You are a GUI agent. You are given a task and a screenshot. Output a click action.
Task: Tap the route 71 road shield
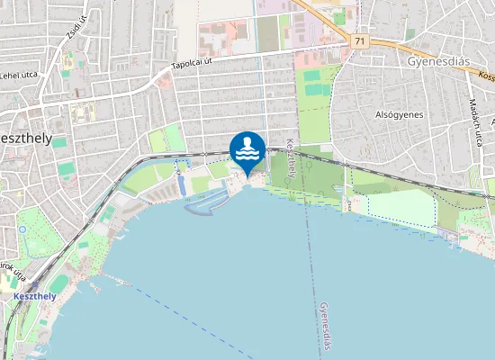pyautogui.click(x=359, y=41)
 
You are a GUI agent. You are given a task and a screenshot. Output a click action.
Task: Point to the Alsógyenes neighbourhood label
pyautogui.click(x=399, y=115)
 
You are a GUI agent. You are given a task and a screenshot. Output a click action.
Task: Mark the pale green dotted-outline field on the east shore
pyautogui.click(x=400, y=207)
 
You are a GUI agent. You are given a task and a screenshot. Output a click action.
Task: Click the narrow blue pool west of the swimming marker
pyautogui.click(x=181, y=184)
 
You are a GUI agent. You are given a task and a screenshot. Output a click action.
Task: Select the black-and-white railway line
pyautogui.click(x=378, y=170)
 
